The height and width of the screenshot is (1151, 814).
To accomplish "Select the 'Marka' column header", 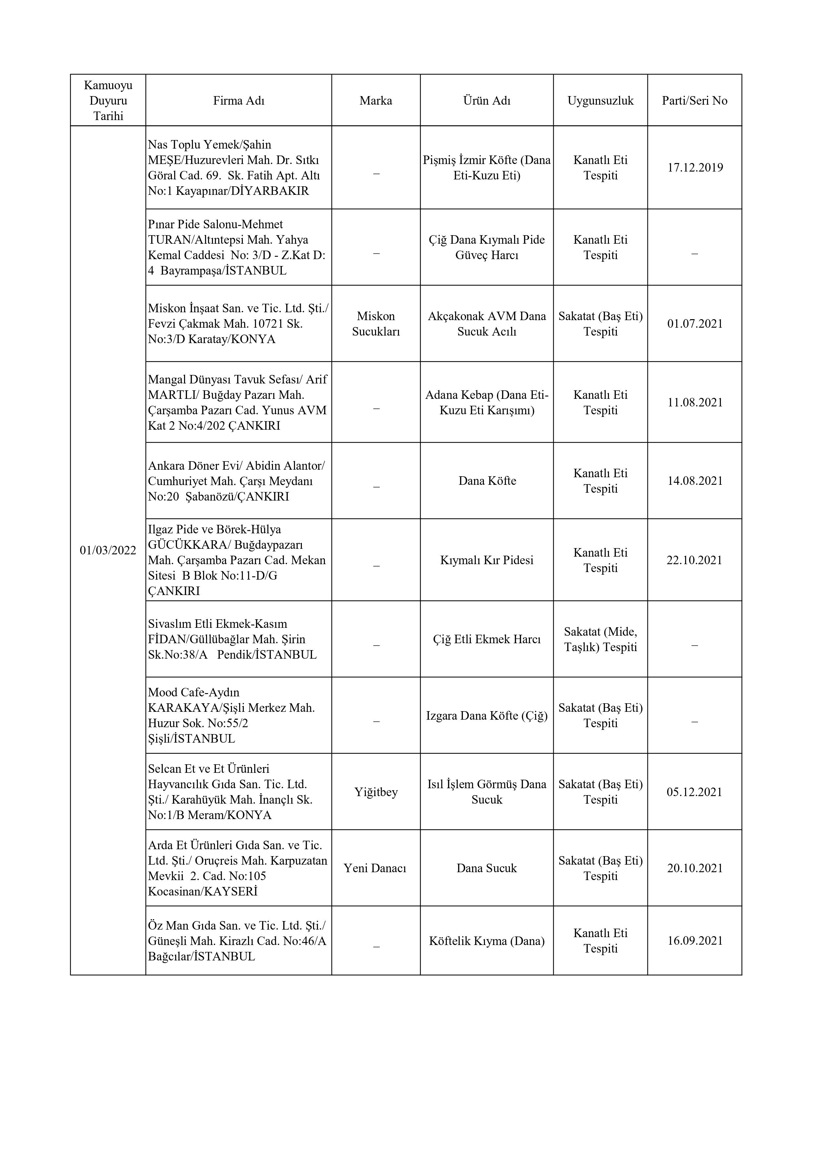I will (376, 101).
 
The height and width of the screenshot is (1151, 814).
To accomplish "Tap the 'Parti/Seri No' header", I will (694, 101).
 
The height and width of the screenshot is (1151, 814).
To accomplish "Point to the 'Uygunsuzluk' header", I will (600, 101).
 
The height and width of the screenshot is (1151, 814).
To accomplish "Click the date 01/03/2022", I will (108, 550).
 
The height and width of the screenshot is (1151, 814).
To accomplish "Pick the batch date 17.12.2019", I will (695, 167).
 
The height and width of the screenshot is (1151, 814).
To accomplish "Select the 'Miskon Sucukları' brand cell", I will (376, 324).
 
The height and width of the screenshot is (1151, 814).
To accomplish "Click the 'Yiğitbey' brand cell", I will (376, 792).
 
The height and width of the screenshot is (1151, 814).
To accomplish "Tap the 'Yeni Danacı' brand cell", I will (375, 868).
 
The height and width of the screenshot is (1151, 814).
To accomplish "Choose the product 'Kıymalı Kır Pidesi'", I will (487, 560).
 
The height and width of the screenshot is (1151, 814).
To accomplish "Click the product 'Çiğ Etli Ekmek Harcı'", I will (487, 639).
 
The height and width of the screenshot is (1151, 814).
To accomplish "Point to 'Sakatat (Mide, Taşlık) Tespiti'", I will (600, 639).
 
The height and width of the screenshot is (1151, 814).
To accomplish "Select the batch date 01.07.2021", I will (695, 323).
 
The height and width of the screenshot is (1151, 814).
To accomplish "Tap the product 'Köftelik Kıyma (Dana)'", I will (487, 941).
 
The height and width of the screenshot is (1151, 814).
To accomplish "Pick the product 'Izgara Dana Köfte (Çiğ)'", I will (487, 715).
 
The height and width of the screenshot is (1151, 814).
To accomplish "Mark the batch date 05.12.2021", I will (695, 792).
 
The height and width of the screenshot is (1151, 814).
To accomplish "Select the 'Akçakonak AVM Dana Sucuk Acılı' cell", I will (487, 324).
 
